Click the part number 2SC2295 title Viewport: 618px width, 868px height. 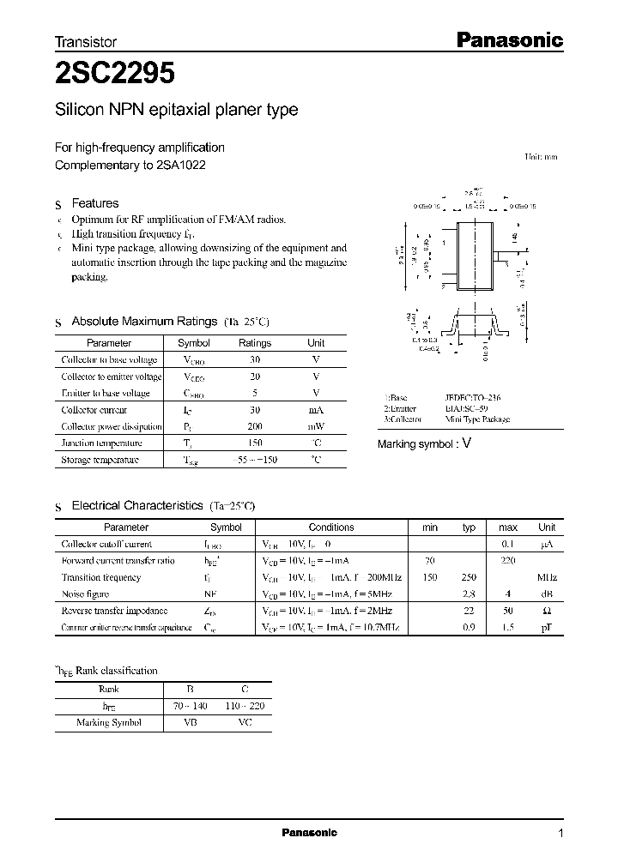pos(115,75)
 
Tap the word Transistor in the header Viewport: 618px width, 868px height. pos(85,41)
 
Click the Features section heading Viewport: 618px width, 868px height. pos(94,203)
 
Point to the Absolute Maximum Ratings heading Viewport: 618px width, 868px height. pos(143,321)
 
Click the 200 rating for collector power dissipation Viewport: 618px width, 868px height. pos(255,426)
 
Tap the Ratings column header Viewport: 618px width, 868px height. pos(255,343)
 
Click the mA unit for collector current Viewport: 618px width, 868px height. pos(316,410)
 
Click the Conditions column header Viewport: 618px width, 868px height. pos(331,527)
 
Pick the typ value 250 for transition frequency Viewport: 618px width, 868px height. pos(469,577)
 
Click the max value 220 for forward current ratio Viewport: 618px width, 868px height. pos(507,561)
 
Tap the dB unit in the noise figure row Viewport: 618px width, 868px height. pos(547,594)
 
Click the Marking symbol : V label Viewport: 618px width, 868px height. pos(425,443)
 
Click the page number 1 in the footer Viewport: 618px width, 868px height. pos(561,834)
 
